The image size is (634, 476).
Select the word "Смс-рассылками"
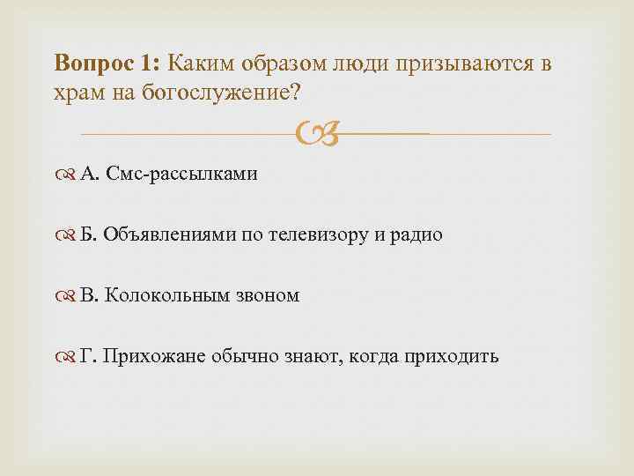181,174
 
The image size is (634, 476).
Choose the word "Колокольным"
167,295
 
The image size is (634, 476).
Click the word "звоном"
268,295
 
